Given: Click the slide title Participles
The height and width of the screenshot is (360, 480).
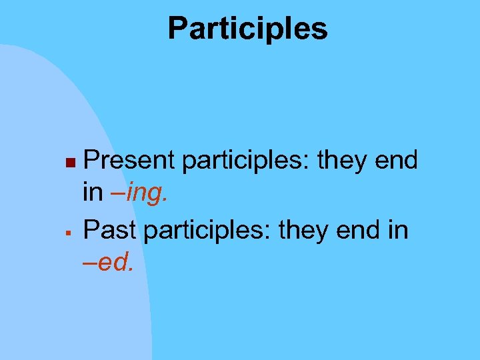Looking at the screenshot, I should pos(247,29).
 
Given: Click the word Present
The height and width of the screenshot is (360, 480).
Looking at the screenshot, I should pos(129,160).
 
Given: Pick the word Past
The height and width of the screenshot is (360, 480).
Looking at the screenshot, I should pos(110,229).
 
